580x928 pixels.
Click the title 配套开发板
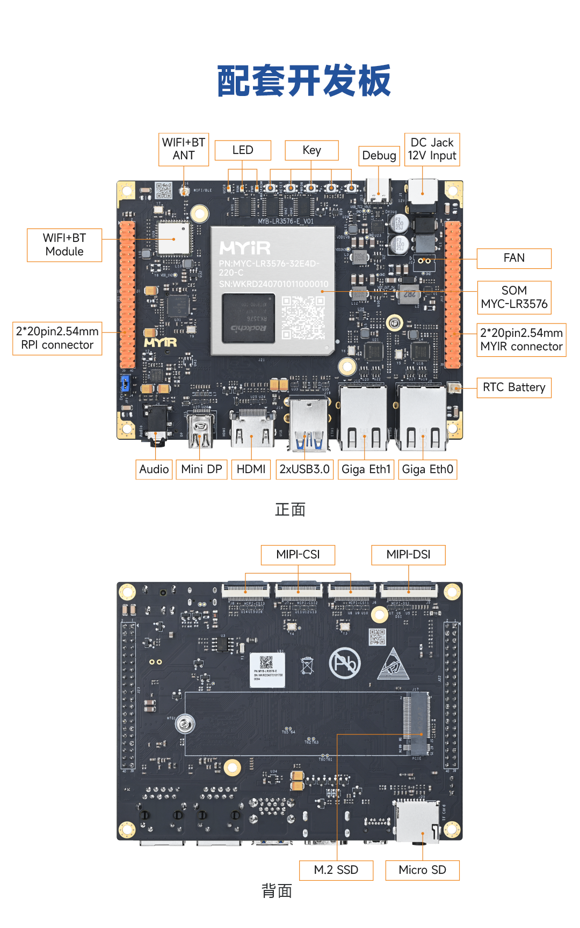[x=304, y=82]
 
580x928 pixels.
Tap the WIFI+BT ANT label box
[x=184, y=149]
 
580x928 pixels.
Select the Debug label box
[x=379, y=156]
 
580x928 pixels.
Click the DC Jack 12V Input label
[x=432, y=149]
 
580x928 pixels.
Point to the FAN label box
[x=513, y=258]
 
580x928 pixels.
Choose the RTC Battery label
[x=513, y=387]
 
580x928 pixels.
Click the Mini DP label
[x=201, y=469]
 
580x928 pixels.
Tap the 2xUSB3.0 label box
[x=305, y=469]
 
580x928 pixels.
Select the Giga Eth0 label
[x=427, y=469]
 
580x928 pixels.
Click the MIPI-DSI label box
[x=408, y=555]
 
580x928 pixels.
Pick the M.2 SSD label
[x=336, y=870]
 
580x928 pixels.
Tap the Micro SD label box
[x=422, y=870]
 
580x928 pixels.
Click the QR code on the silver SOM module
[x=303, y=318]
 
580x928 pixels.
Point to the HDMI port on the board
[x=251, y=429]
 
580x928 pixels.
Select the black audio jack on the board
[x=157, y=427]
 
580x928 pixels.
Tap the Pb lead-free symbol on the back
[x=345, y=663]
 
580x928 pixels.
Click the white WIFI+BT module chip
[x=173, y=238]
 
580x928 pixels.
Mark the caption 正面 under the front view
[x=290, y=510]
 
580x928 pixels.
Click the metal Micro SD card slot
[x=417, y=821]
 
